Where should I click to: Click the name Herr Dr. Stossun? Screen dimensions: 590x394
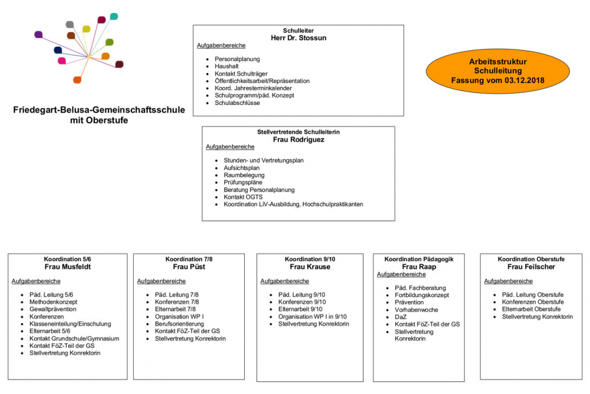point(298,37)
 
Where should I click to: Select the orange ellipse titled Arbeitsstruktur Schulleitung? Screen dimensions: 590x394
point(497,71)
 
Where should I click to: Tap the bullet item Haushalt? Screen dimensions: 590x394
point(226,66)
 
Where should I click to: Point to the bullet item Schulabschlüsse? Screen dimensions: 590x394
point(237,103)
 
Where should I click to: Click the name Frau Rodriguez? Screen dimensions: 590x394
point(298,140)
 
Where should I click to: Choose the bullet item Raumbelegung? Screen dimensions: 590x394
point(244,175)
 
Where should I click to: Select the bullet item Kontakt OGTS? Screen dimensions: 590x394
point(243,197)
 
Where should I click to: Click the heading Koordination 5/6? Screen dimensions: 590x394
point(67,259)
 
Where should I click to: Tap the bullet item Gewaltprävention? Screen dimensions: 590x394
point(52,309)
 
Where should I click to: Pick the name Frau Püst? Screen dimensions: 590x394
point(189,267)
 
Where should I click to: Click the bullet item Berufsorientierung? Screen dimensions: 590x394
point(179,324)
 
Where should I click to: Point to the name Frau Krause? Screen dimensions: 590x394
point(310,267)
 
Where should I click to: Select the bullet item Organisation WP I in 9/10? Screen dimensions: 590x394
point(312,317)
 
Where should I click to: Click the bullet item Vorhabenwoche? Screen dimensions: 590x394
point(416,310)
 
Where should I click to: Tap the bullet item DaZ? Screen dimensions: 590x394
point(400,317)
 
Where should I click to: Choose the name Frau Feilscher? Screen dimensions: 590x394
point(531,267)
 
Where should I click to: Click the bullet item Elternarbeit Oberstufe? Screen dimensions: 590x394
point(531,309)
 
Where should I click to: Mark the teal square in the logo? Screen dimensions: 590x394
point(114,17)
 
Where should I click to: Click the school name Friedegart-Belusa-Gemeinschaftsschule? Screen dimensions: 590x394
point(99,110)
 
